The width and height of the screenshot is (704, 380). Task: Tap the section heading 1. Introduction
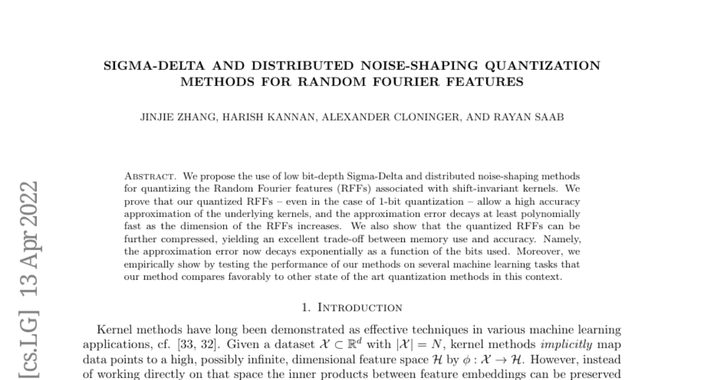[351, 307]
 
